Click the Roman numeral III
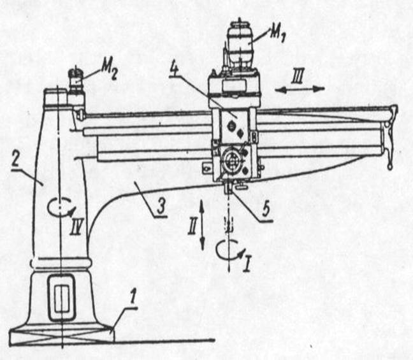pos(298,76)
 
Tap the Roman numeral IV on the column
pos(76,227)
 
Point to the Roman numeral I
pos(247,263)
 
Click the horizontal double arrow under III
pos(300,90)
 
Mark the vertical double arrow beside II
pos(202,224)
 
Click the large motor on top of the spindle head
pos(240,46)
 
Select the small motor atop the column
pos(76,79)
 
